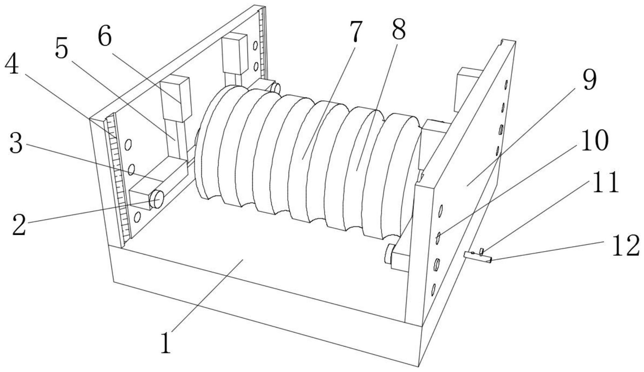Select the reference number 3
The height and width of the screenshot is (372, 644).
pos(16,144)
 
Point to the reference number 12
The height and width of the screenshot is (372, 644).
pos(625,246)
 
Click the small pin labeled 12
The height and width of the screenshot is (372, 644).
pos(478,257)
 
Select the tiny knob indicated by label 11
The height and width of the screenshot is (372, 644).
pos(481,251)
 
